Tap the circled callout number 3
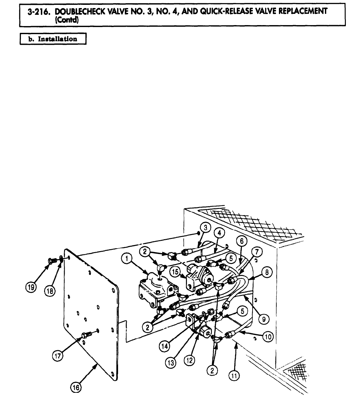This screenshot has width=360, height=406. click(206, 228)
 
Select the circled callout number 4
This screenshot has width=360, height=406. click(219, 234)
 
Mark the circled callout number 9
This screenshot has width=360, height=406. click(264, 319)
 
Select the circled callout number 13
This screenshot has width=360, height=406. click(171, 363)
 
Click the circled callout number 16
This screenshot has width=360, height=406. click(76, 388)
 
